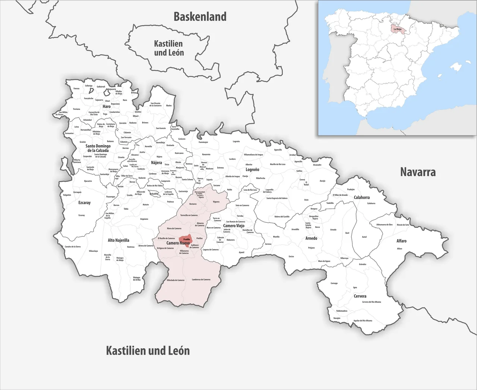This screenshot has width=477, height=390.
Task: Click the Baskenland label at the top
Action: pyautogui.click(x=200, y=17)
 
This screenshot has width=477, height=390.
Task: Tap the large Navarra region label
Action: pyautogui.click(x=418, y=172)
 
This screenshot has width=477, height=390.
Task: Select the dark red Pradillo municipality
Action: pyautogui.click(x=185, y=241)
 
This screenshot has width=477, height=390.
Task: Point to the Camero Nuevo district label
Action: pyautogui.click(x=178, y=243)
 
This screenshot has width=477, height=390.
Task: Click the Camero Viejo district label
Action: pyautogui.click(x=234, y=226)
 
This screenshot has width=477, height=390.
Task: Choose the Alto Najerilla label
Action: pyautogui.click(x=119, y=240)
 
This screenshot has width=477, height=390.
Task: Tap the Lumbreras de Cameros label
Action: pyautogui.click(x=201, y=279)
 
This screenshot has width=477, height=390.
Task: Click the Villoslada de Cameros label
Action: pyautogui.click(x=176, y=280)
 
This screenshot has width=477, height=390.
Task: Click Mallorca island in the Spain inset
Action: pyautogui.click(x=456, y=67)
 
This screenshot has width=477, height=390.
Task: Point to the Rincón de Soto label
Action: pyautogui.click(x=403, y=225)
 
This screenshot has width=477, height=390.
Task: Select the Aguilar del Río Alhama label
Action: pyautogui.click(x=363, y=320)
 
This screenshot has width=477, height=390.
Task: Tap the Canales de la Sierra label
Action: pyautogui.click(x=73, y=247)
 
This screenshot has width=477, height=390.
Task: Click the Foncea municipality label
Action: pyautogui.click(x=76, y=89)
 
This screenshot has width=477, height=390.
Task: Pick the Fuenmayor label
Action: pyautogui.click(x=203, y=142)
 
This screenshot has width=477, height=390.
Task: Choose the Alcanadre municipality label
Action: pyautogui.click(x=317, y=165)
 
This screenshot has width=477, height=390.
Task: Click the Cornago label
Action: pyautogui.click(x=334, y=283)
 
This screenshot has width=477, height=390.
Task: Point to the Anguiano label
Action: pyautogui.click(x=144, y=219)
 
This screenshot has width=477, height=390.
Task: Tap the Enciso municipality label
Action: pyautogui.click(x=291, y=256)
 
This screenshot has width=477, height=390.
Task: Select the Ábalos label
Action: pyautogui.click(x=169, y=105)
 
